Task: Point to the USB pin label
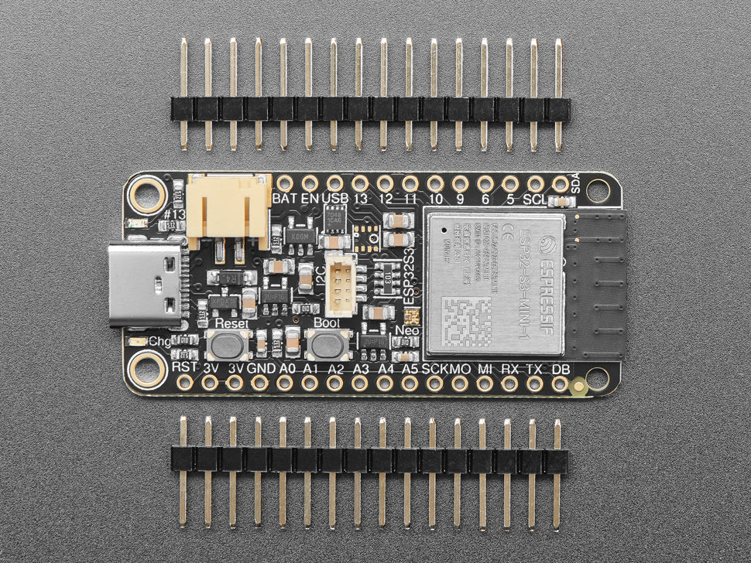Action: click(335, 199)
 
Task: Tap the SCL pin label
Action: click(535, 199)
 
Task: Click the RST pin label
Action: click(184, 367)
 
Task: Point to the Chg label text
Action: click(159, 341)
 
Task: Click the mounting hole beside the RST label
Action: click(147, 370)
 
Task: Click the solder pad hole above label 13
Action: click(360, 183)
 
